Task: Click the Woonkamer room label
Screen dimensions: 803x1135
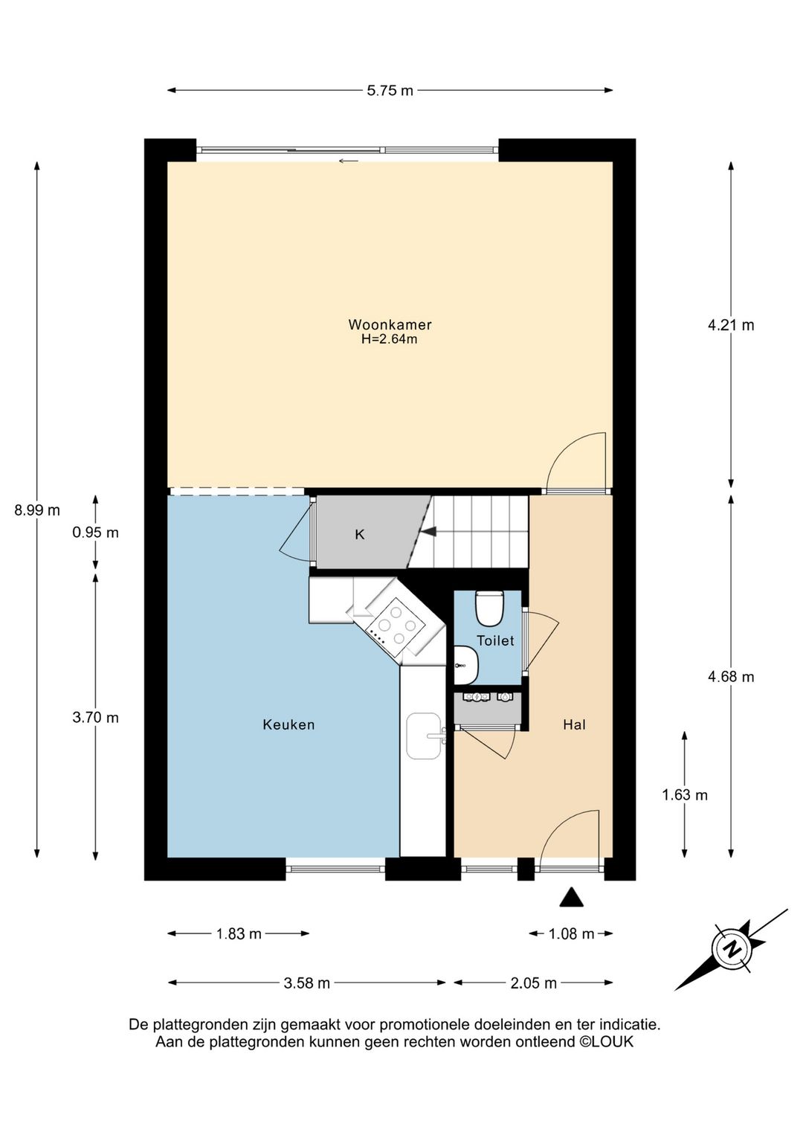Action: tap(390, 324)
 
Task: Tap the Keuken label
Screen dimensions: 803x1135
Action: tap(288, 725)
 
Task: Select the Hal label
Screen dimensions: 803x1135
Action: tap(575, 725)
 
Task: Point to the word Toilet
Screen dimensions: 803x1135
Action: tap(495, 641)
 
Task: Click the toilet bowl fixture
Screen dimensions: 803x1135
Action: tap(488, 608)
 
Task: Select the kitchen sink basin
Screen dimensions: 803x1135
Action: tap(424, 736)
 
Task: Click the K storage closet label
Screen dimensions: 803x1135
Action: tap(360, 535)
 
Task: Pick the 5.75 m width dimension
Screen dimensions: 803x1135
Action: tap(390, 91)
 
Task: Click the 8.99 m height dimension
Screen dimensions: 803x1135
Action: tap(37, 510)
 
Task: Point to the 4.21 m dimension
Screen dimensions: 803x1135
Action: tap(731, 325)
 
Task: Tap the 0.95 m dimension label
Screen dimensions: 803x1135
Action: tap(96, 533)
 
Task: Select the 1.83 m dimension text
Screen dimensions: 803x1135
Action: tap(239, 934)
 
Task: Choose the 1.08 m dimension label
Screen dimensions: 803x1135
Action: tap(572, 934)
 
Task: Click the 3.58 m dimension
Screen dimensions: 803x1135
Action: tap(306, 983)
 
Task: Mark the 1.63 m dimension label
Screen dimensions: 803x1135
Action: tap(685, 795)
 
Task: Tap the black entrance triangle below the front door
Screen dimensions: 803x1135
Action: tap(572, 897)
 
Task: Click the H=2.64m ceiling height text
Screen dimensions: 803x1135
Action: tap(389, 339)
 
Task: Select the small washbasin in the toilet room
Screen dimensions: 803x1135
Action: tap(465, 665)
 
